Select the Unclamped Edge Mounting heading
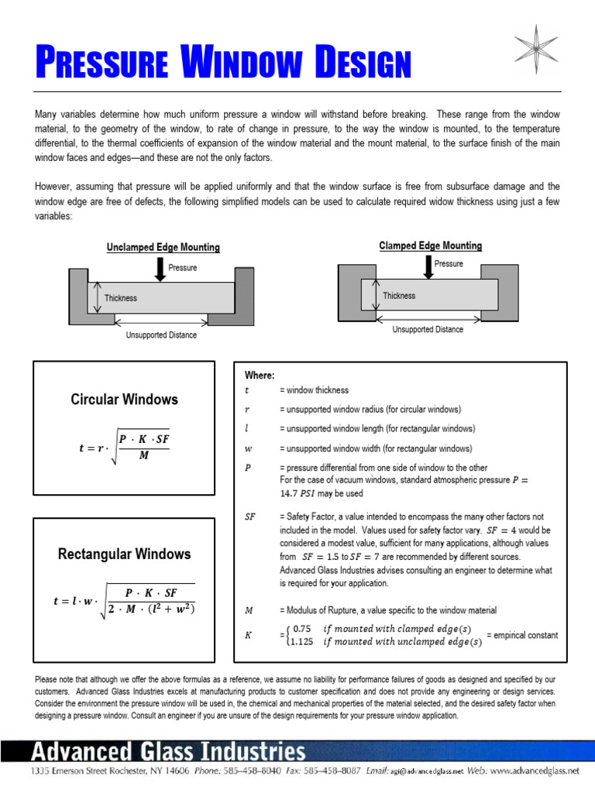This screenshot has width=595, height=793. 163,248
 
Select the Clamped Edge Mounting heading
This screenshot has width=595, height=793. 430,245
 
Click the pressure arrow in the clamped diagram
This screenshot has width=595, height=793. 427,266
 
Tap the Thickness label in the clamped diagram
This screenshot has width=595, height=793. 399,296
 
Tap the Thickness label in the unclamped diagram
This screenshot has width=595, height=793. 121,298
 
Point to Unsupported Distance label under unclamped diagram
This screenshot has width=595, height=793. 161,335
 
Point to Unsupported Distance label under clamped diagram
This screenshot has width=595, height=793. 428,329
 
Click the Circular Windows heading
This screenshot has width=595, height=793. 124,400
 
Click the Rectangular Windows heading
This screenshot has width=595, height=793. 124,554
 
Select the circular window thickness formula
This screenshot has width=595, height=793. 124,449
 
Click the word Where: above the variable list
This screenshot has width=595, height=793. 260,376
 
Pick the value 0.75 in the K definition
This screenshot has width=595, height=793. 302,629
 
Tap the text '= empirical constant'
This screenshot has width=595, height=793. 521,636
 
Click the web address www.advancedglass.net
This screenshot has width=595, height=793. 535,771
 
